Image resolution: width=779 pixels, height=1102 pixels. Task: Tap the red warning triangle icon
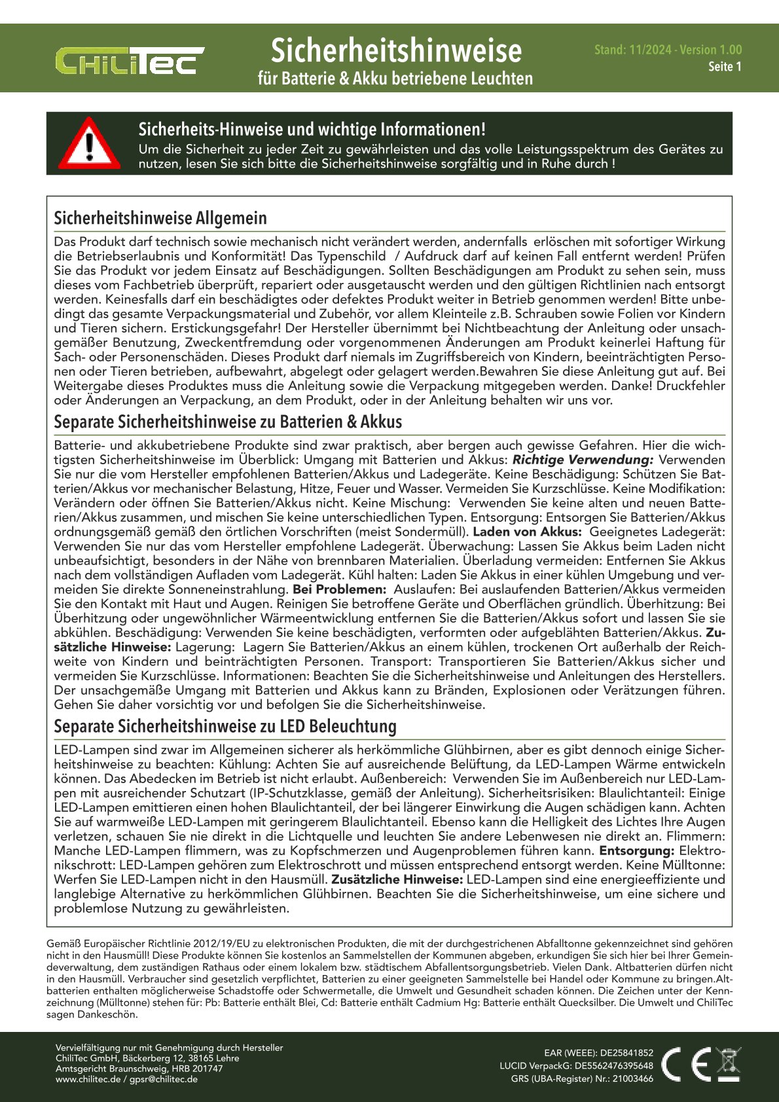(x=89, y=143)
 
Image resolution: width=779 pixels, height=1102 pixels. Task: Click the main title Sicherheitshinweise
(x=396, y=50)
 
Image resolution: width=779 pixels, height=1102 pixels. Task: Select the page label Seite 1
(x=725, y=66)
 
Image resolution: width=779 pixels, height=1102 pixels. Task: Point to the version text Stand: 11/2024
(x=632, y=50)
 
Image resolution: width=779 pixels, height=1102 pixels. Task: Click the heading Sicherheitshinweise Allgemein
(x=160, y=218)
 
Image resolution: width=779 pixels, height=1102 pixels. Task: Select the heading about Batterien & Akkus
(x=228, y=422)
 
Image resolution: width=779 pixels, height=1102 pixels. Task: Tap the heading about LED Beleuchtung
(x=225, y=726)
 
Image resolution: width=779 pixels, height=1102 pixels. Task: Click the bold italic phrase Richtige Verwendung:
(x=583, y=460)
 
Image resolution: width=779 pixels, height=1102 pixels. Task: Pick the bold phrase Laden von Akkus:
(x=527, y=532)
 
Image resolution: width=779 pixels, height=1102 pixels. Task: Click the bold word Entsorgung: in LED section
(x=636, y=851)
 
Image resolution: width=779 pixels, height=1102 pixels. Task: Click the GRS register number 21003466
(x=633, y=1078)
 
